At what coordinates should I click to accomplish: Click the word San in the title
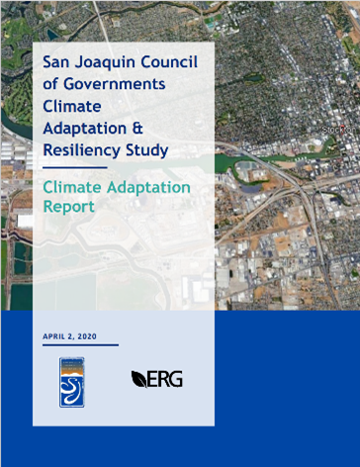(57, 62)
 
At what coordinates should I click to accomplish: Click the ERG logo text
(164, 379)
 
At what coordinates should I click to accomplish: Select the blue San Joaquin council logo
(72, 380)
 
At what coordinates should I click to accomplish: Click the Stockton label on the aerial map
(339, 130)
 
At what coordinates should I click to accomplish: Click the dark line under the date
(80, 345)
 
